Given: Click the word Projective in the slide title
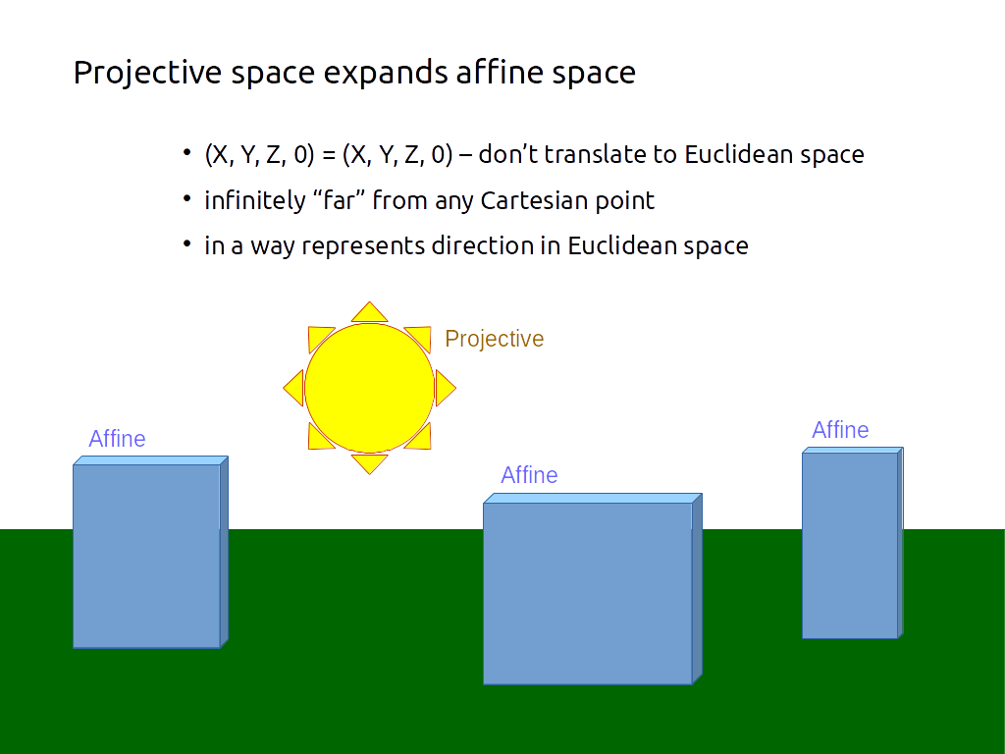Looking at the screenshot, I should coord(147,74).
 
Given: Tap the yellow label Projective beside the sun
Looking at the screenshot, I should coord(494,339).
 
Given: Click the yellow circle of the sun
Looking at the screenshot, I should coord(369,388).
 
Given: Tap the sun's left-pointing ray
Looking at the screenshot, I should coord(293,388).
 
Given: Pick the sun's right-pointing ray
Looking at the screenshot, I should coord(445,388).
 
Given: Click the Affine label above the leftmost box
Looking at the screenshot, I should coord(117,439).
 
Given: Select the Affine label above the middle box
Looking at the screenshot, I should coord(529,475).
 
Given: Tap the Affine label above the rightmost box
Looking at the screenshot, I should coord(840,430).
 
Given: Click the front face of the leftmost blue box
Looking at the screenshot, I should coord(146,556).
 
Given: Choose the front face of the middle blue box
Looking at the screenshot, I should coord(587,593).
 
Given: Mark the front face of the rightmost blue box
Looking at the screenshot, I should coord(849,545).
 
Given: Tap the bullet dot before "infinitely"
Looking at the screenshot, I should coord(186,199).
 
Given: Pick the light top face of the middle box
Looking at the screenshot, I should coord(592,498).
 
